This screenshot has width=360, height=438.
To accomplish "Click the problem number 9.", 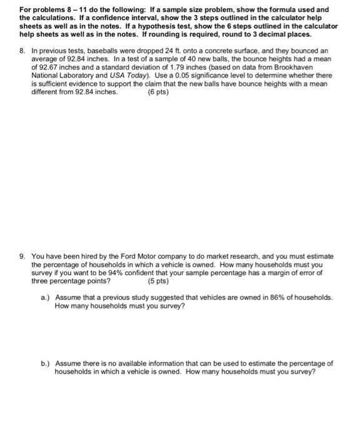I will click(22, 256).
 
